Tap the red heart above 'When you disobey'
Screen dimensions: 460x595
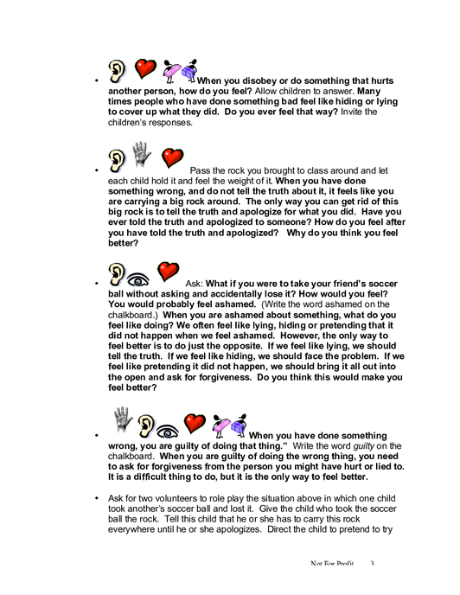click(145, 68)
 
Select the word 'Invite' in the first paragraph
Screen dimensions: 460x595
click(351, 112)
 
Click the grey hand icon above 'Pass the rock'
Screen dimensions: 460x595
click(141, 155)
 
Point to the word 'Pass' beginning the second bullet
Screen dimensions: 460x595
click(200, 170)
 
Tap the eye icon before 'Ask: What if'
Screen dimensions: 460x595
click(137, 280)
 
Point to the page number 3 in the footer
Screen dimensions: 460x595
click(373, 563)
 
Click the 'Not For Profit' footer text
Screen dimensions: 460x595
click(332, 563)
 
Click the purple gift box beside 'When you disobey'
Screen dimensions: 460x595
click(189, 71)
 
